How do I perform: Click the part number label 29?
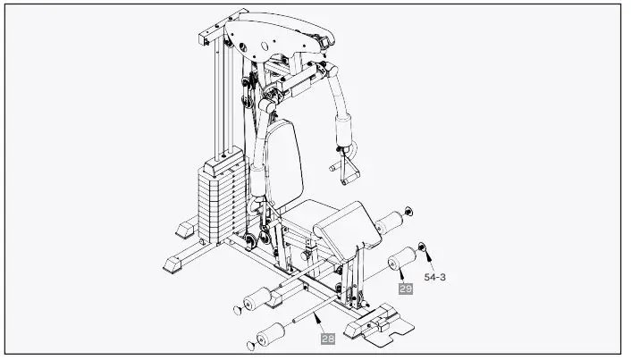[405, 288]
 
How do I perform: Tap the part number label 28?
[327, 338]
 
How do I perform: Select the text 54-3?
[435, 278]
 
